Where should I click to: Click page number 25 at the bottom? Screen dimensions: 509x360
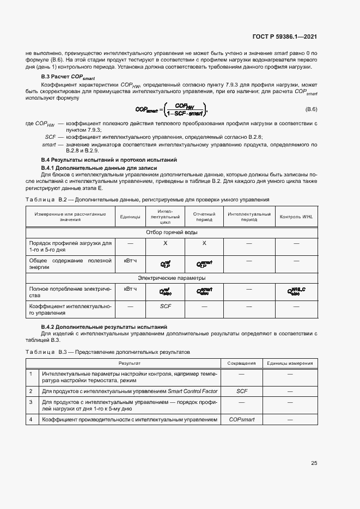[314, 463]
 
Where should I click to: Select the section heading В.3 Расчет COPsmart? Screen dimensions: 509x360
[64, 78]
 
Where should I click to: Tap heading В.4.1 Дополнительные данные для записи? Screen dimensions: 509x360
[99, 168]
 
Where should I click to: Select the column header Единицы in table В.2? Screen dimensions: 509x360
[130, 217]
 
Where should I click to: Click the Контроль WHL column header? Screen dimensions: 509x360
[296, 217]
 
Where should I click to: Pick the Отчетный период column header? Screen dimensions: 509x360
[204, 217]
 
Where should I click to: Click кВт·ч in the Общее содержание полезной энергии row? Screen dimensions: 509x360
[130, 261]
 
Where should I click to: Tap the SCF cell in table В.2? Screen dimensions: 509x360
[166, 306]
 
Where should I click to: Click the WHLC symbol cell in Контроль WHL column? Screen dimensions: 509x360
[296, 292]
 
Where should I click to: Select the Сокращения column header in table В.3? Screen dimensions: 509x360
[241, 363]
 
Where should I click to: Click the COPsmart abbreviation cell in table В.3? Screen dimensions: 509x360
[241, 419]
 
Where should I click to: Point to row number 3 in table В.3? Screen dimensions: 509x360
[31, 402]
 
